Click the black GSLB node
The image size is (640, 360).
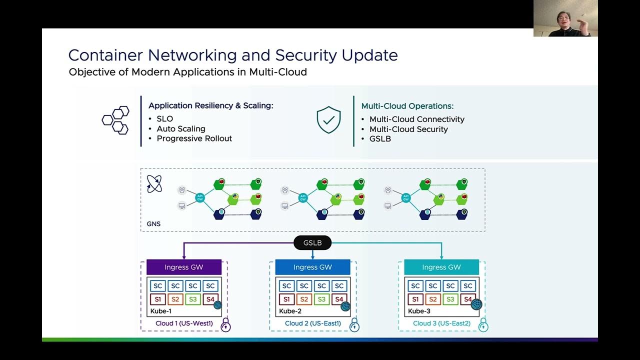(312, 243)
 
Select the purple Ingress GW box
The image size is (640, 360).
(184, 267)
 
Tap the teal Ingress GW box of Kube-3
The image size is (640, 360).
(441, 267)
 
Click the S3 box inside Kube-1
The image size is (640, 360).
(192, 299)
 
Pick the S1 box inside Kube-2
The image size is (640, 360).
(286, 299)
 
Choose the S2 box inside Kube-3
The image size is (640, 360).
(432, 299)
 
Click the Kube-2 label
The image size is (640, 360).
(290, 311)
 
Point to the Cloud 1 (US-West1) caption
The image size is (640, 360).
(184, 323)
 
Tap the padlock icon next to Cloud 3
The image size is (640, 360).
(483, 326)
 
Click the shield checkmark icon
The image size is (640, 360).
(328, 120)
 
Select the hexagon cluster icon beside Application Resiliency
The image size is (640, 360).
(115, 120)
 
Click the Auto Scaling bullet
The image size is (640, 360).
(181, 128)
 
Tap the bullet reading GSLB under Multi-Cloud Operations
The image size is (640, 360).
(380, 138)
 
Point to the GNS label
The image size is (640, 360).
(153, 223)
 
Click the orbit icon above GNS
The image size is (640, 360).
(154, 184)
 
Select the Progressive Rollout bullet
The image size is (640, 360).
(194, 138)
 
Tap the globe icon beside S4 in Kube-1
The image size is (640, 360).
(218, 305)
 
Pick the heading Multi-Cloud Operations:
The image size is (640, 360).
(407, 106)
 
